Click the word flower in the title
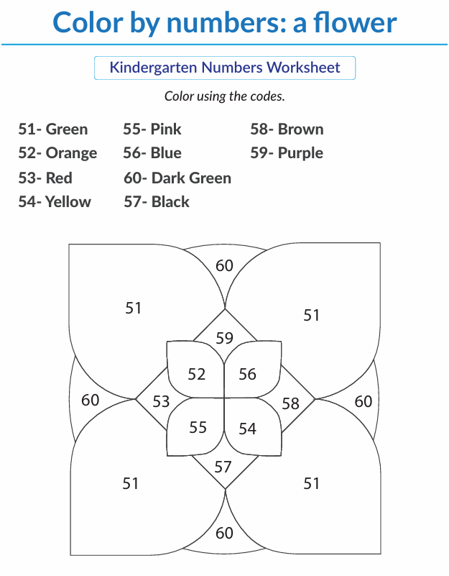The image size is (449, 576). click(355, 23)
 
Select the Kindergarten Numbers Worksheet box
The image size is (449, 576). click(225, 68)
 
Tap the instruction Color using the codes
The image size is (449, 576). click(224, 96)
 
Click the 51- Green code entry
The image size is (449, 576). click(53, 129)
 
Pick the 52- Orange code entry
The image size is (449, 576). click(57, 154)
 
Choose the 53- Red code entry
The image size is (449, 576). click(45, 178)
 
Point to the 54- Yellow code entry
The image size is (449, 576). click(55, 202)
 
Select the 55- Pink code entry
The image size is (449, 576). click(152, 129)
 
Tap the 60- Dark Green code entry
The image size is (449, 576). click(177, 178)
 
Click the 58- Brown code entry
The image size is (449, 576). click(287, 129)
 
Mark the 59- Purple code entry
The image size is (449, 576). click(287, 154)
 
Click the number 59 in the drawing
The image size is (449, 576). click(224, 338)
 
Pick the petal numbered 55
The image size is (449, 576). click(196, 426)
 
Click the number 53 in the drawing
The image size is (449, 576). click(161, 401)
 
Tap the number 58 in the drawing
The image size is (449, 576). click(290, 403)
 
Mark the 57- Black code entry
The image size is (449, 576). click(157, 202)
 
